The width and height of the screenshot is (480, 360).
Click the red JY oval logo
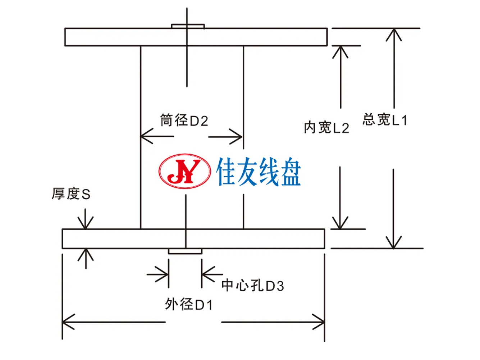[x=184, y=171]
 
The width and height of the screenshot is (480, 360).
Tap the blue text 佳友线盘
[x=258, y=172]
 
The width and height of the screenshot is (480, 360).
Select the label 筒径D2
[x=184, y=120]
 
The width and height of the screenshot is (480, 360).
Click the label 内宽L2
[x=326, y=128]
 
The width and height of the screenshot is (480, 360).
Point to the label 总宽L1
[x=385, y=119]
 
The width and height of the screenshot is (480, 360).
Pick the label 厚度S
[x=71, y=193]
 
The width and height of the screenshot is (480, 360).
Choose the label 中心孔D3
[x=252, y=286]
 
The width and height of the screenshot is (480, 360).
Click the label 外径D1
[x=188, y=304]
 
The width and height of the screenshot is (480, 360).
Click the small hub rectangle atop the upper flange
[x=188, y=27]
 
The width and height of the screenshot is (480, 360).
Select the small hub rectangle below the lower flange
[x=185, y=251]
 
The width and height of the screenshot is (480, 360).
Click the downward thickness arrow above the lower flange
[x=85, y=219]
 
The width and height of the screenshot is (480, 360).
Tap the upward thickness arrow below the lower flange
[x=86, y=259]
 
